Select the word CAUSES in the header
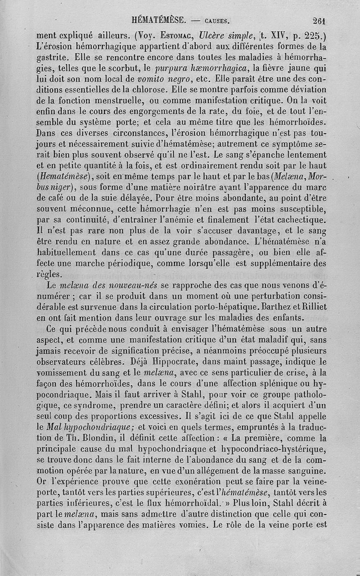[x=216, y=21]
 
